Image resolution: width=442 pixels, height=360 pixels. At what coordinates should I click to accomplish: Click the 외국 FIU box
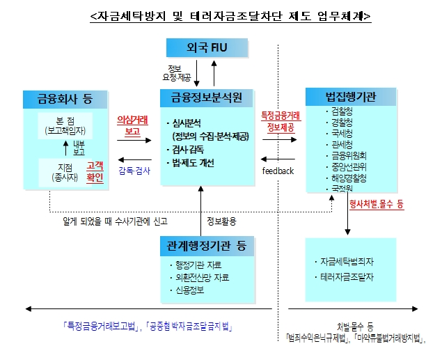click(x=207, y=48)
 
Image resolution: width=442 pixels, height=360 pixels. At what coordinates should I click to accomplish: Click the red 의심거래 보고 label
click(x=132, y=124)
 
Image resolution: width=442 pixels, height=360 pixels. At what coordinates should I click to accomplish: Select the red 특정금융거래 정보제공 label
click(x=280, y=121)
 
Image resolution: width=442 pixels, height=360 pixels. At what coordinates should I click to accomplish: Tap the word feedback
click(x=278, y=171)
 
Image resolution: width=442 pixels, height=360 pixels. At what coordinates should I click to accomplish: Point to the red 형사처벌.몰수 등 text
click(x=376, y=205)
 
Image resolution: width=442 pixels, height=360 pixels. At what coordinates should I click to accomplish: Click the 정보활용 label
click(x=221, y=222)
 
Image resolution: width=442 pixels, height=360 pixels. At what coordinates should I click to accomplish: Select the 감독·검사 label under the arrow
click(x=134, y=169)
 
